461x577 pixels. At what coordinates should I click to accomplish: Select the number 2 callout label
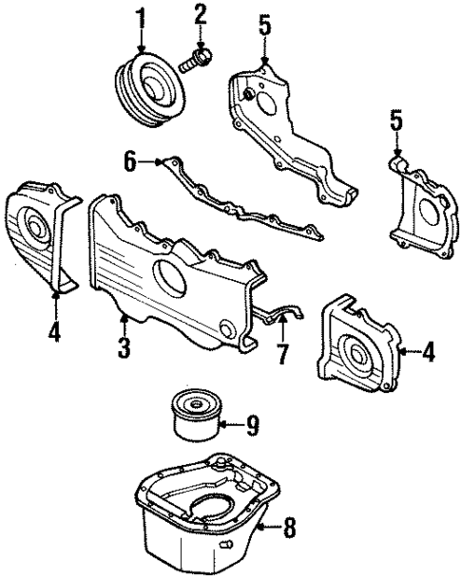pos(201,13)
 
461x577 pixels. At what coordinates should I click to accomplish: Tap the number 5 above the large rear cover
pos(265,25)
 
